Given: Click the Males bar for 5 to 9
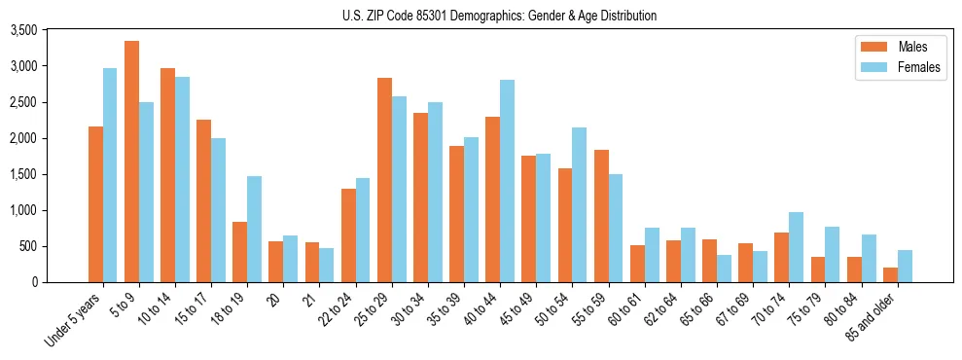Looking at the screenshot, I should point(131,162).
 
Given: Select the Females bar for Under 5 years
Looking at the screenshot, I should point(110,175).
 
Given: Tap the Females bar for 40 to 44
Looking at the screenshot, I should point(507,181).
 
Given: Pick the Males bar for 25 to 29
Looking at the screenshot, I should point(384,180).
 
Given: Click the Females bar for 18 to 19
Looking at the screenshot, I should point(254,229).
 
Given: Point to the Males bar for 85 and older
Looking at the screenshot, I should point(890,274).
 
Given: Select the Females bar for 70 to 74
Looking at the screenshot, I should point(797,247).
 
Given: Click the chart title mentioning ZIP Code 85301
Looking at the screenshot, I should point(499,16).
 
